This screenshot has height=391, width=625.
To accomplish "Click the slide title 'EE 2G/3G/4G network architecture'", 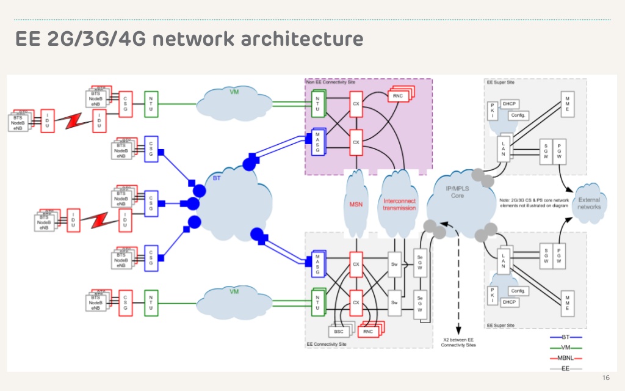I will coord(189,39).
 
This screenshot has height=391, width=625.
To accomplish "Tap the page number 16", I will coord(605,377).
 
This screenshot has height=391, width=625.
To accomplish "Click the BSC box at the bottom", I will coord(339,331).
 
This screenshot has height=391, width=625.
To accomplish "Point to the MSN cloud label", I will coord(355,204).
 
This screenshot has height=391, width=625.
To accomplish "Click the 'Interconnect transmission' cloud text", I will coord(399,204).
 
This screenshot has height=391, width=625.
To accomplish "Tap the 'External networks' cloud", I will coord(588,203).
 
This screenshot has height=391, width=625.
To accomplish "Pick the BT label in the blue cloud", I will coord(217,178).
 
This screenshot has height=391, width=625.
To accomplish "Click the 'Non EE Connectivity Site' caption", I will coord(331,81).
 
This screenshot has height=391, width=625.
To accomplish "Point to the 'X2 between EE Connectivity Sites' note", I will coord(458,342).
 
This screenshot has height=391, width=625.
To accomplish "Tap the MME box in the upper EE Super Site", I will coord(567,103).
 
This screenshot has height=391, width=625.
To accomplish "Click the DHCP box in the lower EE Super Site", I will coord(509,301).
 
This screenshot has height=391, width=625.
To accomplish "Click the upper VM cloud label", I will coord(234,92).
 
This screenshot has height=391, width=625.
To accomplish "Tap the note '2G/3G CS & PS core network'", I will coord(534,200).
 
